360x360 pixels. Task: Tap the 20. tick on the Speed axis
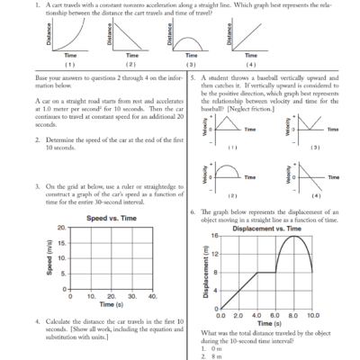click(x=60, y=228)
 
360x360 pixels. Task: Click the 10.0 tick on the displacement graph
click(x=313, y=316)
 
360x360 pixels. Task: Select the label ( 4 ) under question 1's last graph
click(x=250, y=66)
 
